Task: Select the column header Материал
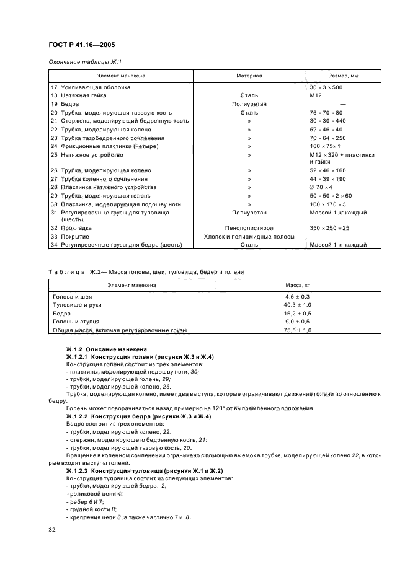click(x=249, y=76)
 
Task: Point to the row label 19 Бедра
click(x=66, y=104)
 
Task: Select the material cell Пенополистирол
click(x=249, y=228)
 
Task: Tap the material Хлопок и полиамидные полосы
click(x=249, y=237)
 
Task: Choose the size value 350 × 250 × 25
click(x=329, y=228)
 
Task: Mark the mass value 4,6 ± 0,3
click(x=297, y=297)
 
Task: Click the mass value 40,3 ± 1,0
click(x=297, y=305)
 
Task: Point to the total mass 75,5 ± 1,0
click(x=297, y=330)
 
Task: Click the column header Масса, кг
click(x=297, y=285)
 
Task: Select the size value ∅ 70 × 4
click(x=321, y=187)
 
